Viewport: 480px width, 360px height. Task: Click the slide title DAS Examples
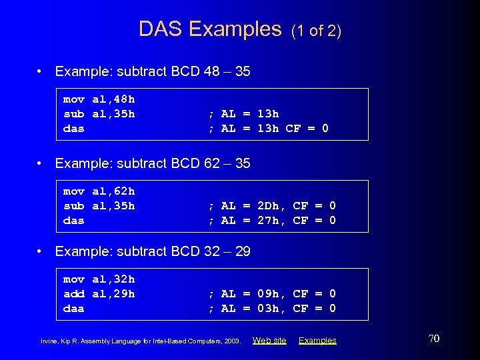210,29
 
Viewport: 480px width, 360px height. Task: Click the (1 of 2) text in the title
317,31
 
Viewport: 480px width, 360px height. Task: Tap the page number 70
433,339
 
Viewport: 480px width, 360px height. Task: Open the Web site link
269,341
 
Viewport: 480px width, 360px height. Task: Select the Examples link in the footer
317,341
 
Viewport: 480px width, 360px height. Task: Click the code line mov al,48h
99,99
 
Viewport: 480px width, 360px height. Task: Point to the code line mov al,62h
99,191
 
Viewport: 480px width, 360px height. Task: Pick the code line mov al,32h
99,279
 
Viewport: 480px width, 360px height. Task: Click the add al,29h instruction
99,294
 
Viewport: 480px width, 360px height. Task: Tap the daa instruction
73,309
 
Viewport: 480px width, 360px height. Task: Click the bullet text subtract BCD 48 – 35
153,71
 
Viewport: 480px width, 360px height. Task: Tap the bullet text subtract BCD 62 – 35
153,163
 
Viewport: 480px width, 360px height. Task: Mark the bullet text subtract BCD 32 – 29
153,251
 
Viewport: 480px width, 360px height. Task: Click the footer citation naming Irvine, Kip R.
140,341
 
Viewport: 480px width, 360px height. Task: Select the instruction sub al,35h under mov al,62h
99,206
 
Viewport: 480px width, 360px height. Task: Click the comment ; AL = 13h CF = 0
268,129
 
